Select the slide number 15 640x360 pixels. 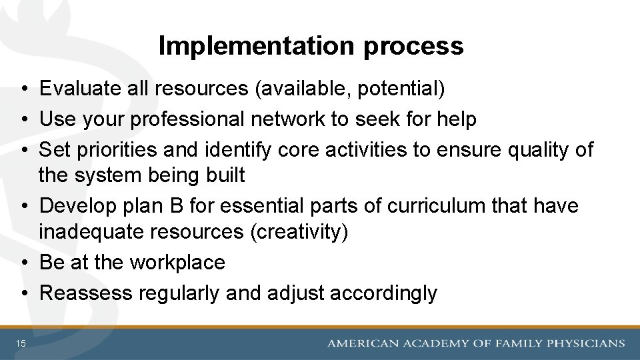click(x=21, y=343)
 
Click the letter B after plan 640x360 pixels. click(x=177, y=206)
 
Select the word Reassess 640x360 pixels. click(x=86, y=293)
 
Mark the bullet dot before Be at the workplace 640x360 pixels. click(x=24, y=263)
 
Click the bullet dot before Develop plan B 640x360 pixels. click(x=24, y=207)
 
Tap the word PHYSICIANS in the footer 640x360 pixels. click(x=585, y=343)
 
